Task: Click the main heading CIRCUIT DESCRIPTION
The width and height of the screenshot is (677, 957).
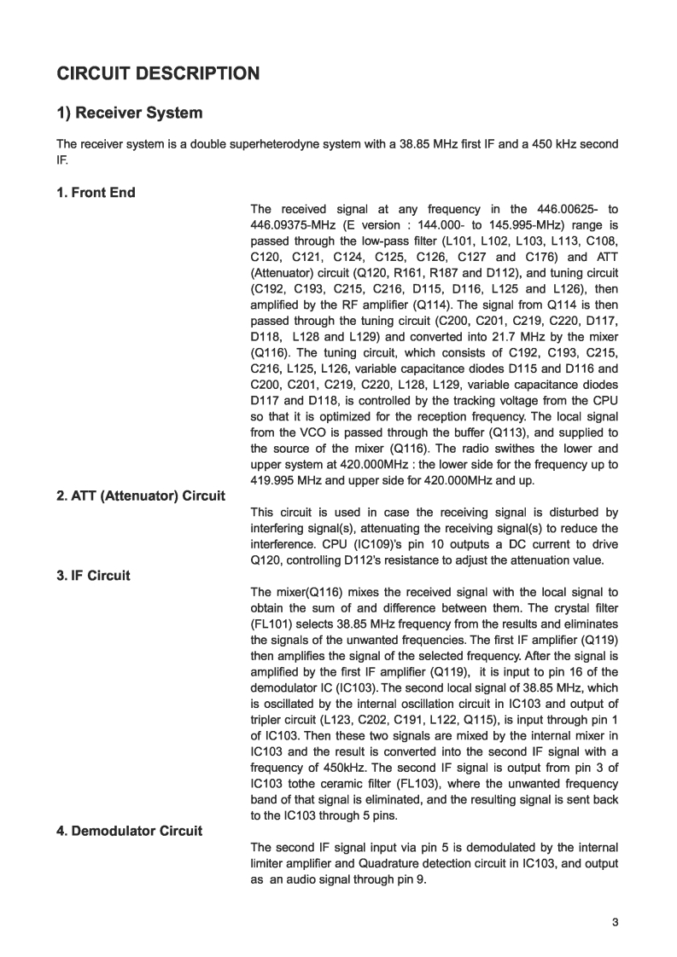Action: click(158, 73)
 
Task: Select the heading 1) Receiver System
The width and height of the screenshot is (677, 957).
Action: click(130, 113)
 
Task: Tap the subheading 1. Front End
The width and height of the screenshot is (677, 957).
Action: click(96, 193)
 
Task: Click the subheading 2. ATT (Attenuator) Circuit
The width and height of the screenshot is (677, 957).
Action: click(141, 496)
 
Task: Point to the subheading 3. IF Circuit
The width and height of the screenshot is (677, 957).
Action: click(93, 576)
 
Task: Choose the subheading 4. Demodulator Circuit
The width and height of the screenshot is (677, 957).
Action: click(129, 831)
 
